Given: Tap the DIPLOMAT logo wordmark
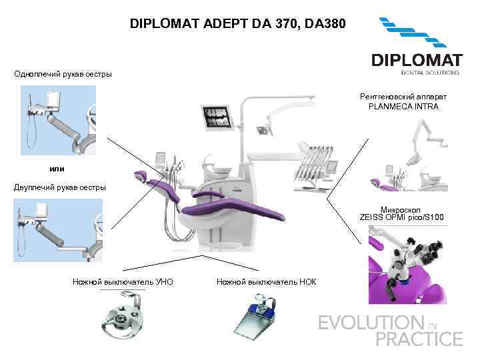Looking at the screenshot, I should [x=415, y=60].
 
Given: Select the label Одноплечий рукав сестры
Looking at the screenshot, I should [x=63, y=73].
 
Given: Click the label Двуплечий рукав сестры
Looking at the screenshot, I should [x=60, y=187].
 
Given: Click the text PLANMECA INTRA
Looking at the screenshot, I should [x=403, y=107].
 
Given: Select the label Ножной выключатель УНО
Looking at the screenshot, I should [x=123, y=282].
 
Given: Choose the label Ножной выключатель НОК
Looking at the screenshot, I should [x=267, y=282].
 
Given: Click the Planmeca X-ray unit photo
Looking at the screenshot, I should [x=407, y=153].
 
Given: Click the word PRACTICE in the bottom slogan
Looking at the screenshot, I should [x=419, y=339].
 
